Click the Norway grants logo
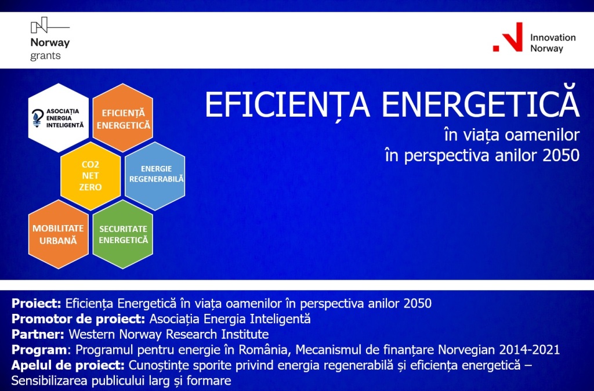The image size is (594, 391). pos(50,39)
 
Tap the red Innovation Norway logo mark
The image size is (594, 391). pos(508,37)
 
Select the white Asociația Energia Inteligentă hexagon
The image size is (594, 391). pos(59,118)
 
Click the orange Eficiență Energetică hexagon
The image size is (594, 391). pos(123,118)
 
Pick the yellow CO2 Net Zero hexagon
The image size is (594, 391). pos(90,176)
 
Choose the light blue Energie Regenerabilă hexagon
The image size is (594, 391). pos(155,176)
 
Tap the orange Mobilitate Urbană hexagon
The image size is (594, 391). pos(59,234)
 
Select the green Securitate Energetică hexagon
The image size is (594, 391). pos(123,234)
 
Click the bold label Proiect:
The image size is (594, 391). pos(37,303)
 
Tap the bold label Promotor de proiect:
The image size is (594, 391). pos(78,319)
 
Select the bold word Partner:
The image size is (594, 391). pos(38,335)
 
